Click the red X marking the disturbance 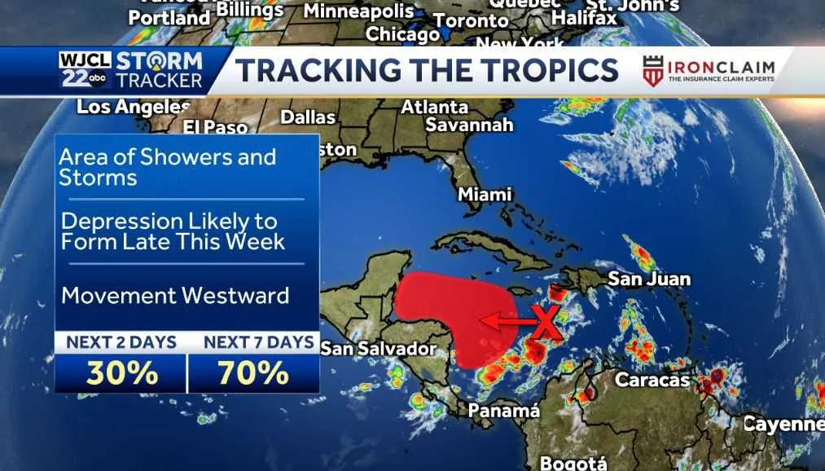546,324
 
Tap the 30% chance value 121,372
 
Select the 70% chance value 252,372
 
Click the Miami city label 485,195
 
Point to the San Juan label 649,279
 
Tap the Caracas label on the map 652,380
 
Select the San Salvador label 379,349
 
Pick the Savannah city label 470,125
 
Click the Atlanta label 435,107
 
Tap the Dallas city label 308,117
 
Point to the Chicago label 402,34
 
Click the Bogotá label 574,463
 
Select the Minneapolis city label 358,11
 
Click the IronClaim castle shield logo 652,71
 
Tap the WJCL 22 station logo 84,70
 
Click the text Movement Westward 175,294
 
